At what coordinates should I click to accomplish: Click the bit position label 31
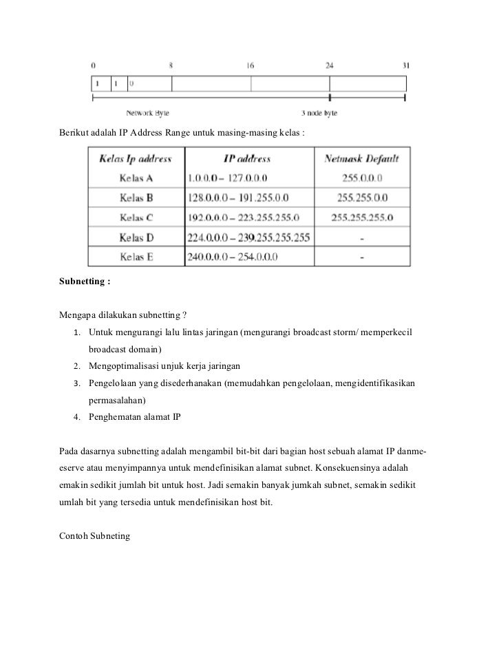[405, 66]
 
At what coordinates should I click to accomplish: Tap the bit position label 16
[250, 66]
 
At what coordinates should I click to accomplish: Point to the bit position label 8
[171, 66]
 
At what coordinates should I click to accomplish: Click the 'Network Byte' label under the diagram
[147, 113]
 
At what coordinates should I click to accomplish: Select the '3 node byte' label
[319, 113]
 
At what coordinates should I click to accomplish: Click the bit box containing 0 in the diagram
[149, 84]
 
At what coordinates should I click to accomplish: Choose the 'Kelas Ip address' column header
[136, 159]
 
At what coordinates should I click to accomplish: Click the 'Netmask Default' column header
[361, 159]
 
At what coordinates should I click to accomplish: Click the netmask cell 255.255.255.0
[362, 218]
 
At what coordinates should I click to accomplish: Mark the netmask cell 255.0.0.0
[362, 178]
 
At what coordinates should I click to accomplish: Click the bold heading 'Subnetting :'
[85, 281]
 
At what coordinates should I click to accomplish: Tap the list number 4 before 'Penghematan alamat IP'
[77, 416]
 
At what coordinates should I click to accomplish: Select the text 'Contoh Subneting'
[95, 535]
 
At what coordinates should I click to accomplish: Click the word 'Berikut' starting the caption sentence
[74, 131]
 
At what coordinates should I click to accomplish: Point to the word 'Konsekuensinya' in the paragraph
[337, 468]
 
